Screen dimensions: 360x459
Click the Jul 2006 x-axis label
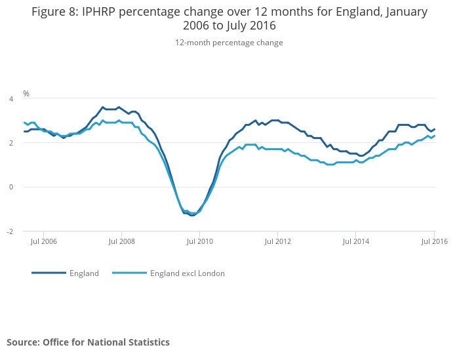tap(43, 241)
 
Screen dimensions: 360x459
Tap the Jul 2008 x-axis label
tap(121, 241)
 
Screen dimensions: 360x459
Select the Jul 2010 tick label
tap(199, 241)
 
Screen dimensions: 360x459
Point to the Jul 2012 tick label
tap(277, 241)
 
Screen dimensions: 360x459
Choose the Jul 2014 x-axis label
tap(355, 241)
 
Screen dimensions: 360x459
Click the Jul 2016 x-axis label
tap(434, 241)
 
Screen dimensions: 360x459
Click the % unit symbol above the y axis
tap(26, 94)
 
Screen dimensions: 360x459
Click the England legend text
tap(84, 273)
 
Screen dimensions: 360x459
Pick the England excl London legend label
tap(188, 273)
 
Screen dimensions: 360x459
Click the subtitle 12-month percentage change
tap(229, 43)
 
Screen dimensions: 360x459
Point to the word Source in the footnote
tap(23, 342)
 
